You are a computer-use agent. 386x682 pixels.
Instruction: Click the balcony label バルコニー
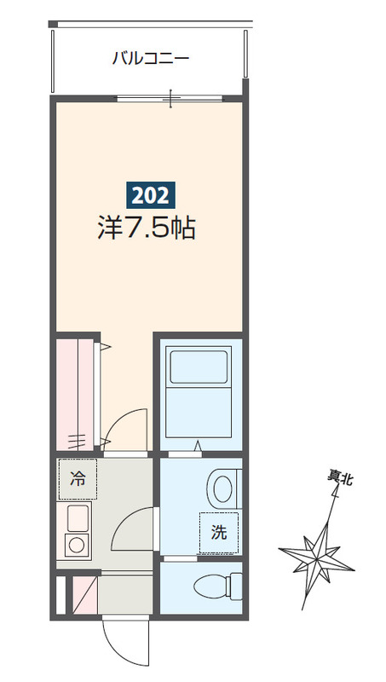pyautogui.click(x=150, y=59)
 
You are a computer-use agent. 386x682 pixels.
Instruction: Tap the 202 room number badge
pyautogui.click(x=151, y=195)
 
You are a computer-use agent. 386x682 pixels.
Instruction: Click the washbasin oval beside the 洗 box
pyautogui.click(x=222, y=489)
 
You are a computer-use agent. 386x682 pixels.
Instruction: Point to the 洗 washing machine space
pyautogui.click(x=219, y=534)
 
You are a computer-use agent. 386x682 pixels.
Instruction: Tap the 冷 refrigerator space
pyautogui.click(x=77, y=480)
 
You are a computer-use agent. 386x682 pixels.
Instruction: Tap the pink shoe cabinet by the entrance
pyautogui.click(x=84, y=594)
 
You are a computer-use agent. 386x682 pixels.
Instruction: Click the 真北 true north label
pyautogui.click(x=340, y=480)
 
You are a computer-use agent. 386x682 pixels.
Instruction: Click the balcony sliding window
pyautogui.click(x=170, y=98)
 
